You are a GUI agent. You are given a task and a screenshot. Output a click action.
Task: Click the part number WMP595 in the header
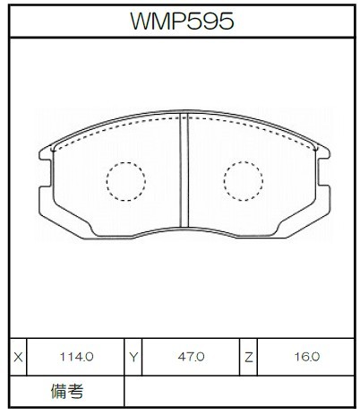pos(182,21)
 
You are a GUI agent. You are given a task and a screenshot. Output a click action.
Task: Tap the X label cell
pos(18,357)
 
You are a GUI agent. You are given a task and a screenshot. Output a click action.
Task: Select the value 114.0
pos(77,357)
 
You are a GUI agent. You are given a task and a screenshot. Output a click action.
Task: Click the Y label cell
pos(133,357)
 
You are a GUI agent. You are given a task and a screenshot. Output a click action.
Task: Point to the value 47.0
pos(191,357)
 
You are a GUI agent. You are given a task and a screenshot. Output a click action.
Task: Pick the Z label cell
pos(248,357)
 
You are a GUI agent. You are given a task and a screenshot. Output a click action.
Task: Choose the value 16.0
pos(306,357)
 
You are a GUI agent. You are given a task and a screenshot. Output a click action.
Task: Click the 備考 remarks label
pos(67,391)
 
